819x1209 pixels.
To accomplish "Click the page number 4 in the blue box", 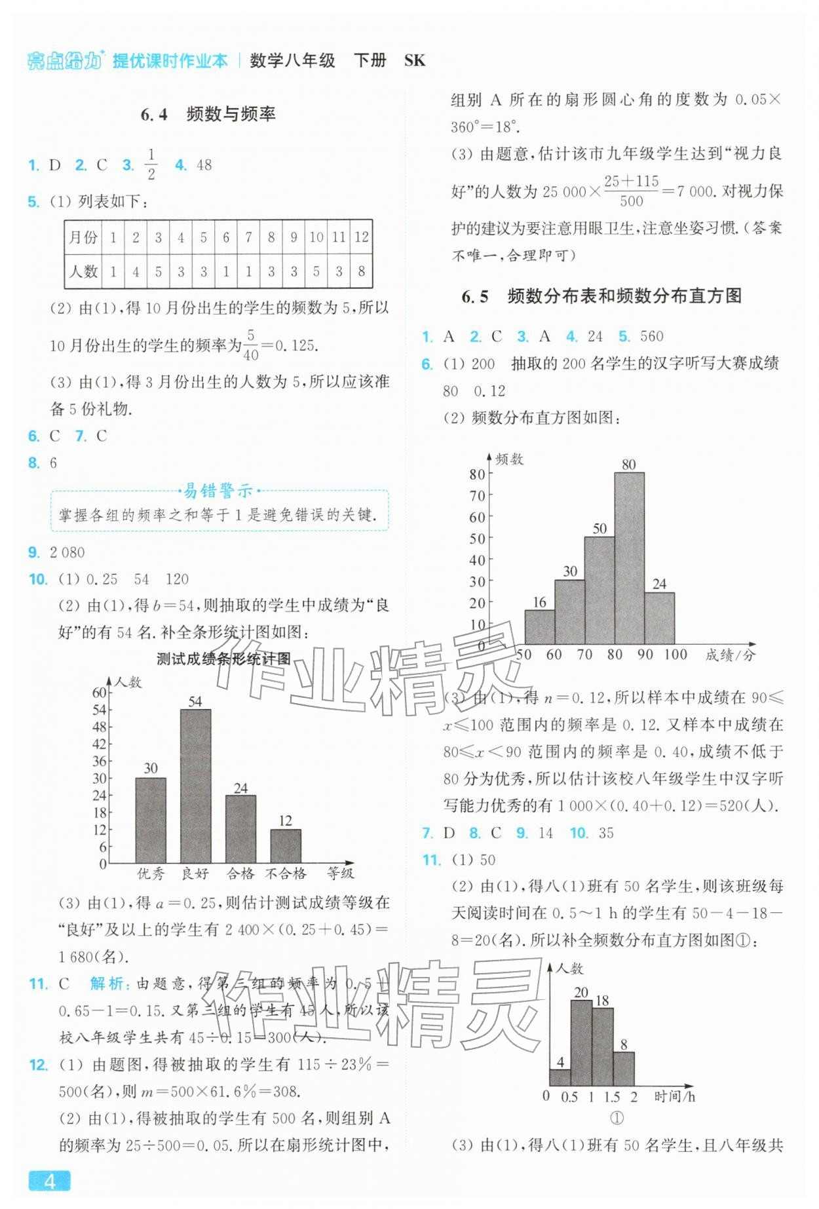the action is pos(49,1180).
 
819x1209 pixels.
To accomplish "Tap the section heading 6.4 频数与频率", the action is pos(208,114).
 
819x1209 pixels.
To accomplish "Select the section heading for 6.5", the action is pos(601,296).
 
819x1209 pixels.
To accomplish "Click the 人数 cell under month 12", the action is pos(361,271).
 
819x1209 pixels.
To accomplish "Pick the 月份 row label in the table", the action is pos(83,237).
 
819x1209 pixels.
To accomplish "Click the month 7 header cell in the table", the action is pos(248,237).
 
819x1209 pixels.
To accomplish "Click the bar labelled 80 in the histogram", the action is pos(629,557).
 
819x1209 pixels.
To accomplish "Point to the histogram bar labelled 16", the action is pos(539,627).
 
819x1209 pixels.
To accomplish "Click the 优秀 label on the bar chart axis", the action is pos(151,873).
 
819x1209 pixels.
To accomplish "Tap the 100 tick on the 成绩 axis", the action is pos(675,654).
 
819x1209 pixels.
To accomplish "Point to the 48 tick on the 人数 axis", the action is pos(99,727).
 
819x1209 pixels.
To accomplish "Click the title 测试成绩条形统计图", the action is pos(223,659).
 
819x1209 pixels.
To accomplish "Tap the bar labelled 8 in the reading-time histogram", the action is pos(624,1069).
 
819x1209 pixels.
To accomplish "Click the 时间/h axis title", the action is pos(674,1096).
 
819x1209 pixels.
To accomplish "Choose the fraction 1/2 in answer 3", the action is pos(151,164).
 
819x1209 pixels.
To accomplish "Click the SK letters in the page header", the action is pos(415,61).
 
